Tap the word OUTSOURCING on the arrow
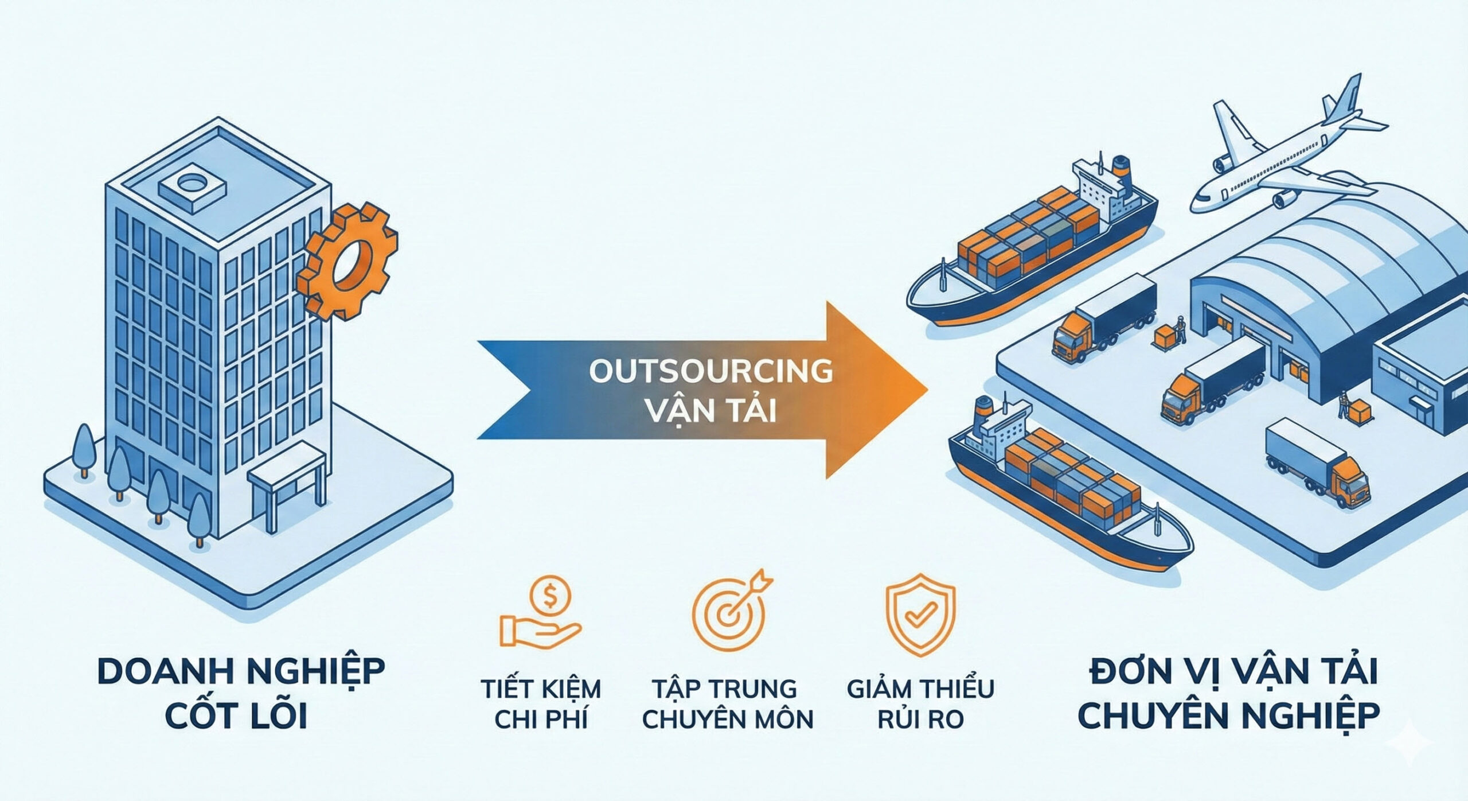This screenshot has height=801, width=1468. pyautogui.click(x=711, y=372)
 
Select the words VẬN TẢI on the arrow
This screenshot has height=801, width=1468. pyautogui.click(x=711, y=411)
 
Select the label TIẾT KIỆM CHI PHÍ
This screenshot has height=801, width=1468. pyautogui.click(x=541, y=703)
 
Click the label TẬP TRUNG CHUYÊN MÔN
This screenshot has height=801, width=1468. pyautogui.click(x=727, y=703)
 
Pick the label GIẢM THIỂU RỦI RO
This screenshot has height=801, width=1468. pyautogui.click(x=920, y=703)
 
